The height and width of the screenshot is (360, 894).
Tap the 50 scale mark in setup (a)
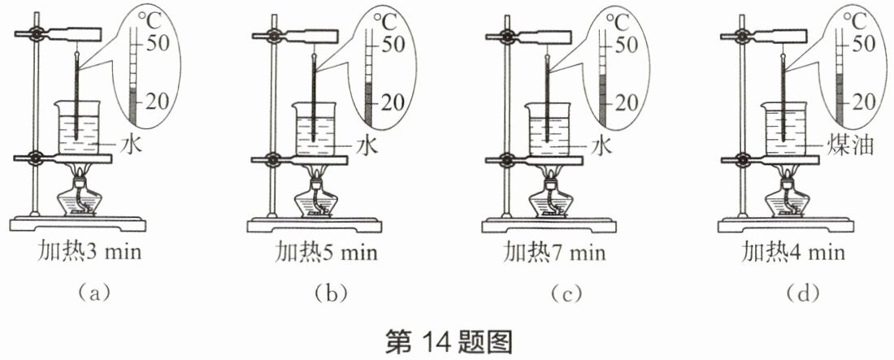point(158,43)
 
